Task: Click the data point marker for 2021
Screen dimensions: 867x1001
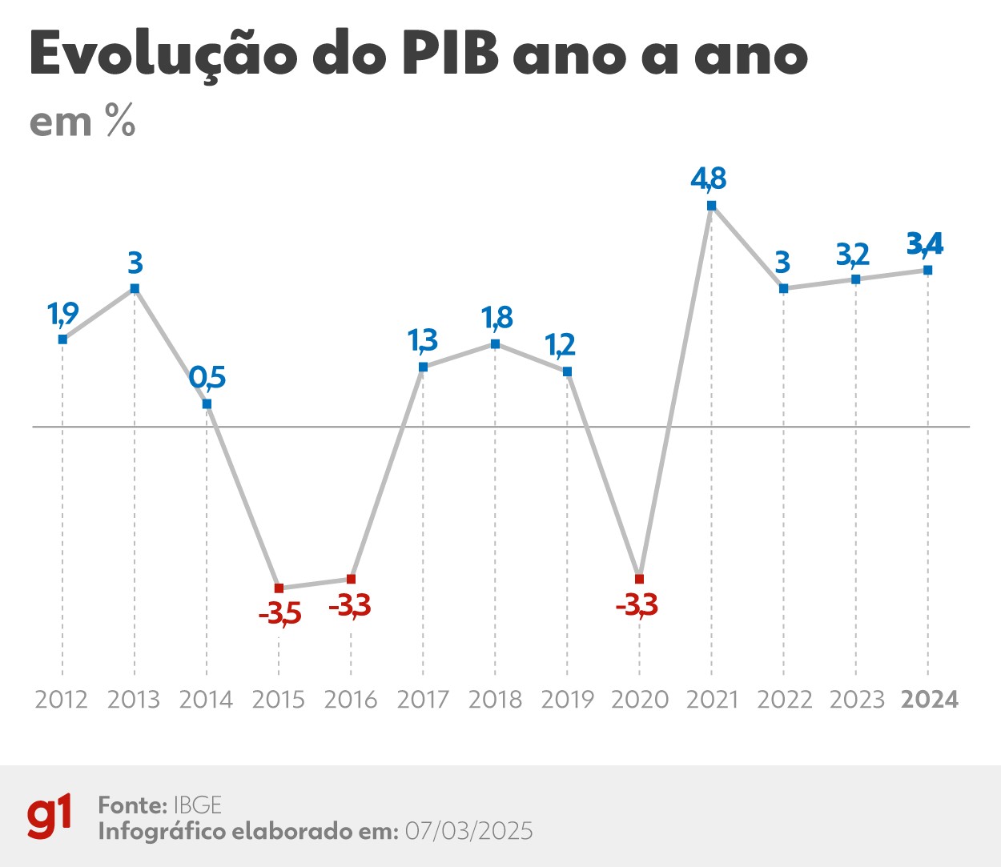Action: click(x=711, y=206)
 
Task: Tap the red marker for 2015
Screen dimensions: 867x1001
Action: click(x=279, y=588)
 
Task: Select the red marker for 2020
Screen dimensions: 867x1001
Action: click(x=639, y=578)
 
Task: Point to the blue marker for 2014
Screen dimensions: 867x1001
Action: click(x=207, y=403)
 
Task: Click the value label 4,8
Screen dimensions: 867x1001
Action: click(x=709, y=179)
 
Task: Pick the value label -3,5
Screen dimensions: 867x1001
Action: click(x=279, y=614)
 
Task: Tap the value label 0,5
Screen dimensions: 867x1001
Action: click(x=207, y=376)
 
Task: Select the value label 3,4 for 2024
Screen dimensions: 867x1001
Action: click(x=925, y=243)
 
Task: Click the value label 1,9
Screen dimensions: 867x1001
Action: click(x=63, y=314)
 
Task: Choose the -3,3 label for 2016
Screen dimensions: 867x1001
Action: click(x=350, y=605)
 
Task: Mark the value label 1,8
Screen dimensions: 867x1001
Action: click(x=496, y=318)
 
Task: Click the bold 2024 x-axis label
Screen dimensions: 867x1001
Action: click(x=929, y=700)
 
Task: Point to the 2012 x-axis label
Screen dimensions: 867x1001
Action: click(x=62, y=700)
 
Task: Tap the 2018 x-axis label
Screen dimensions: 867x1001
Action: click(x=495, y=700)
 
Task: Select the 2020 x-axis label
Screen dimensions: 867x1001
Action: click(x=639, y=700)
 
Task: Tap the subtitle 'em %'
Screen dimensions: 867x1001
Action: click(x=82, y=122)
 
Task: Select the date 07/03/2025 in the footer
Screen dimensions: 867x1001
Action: click(x=468, y=831)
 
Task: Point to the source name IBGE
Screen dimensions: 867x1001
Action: click(x=197, y=805)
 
